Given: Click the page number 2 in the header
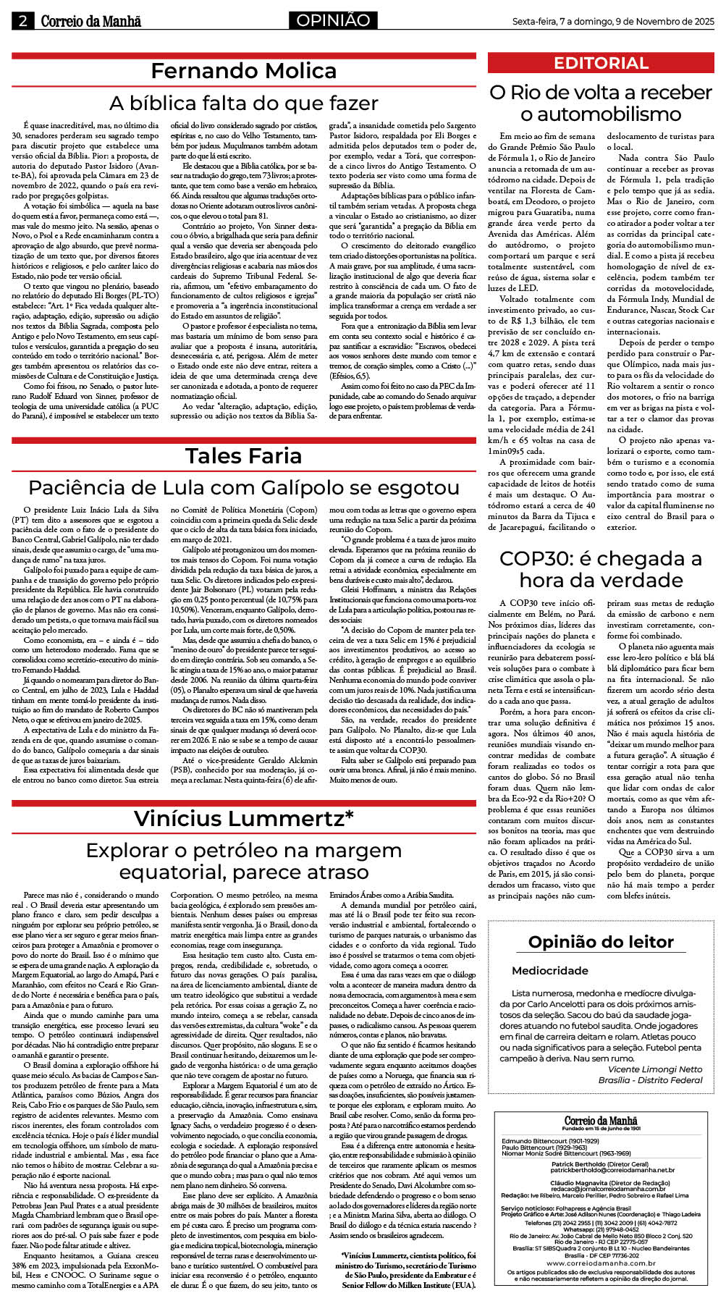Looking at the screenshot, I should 22,21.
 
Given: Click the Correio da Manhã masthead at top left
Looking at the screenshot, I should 91,21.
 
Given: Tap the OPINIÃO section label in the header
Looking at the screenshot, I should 332,20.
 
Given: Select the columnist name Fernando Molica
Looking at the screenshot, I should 243,71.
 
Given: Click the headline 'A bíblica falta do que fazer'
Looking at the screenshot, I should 243,103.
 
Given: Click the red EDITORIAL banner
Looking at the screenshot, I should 601,63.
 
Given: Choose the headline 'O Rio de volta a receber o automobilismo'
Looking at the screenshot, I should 601,103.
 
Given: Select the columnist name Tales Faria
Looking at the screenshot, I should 243,455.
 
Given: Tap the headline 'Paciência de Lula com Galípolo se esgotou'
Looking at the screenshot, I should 243,487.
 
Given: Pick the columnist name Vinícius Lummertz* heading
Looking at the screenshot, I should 243,818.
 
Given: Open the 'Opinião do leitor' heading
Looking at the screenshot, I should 601,942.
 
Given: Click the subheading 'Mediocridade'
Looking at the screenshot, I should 550,971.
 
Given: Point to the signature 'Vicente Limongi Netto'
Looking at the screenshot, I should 655,1069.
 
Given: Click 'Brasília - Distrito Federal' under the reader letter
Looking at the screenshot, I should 650,1079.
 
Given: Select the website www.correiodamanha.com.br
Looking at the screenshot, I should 601,1263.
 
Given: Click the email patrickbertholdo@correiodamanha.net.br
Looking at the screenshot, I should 612,1170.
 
